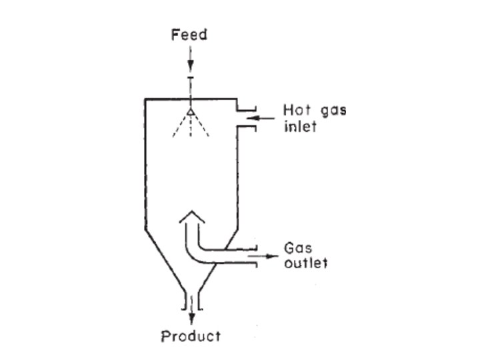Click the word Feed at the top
[x=190, y=35]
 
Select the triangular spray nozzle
[x=191, y=112]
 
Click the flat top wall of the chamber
[x=167, y=99]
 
